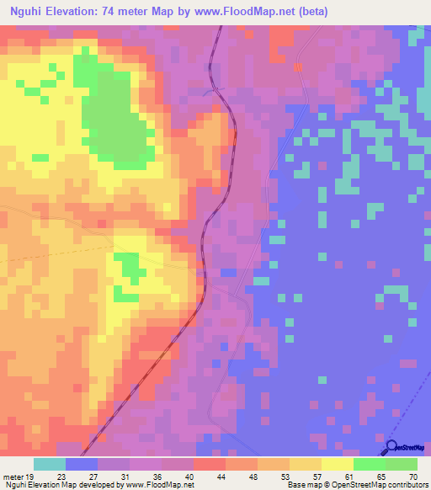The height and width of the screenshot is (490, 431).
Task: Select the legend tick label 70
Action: pos(412,476)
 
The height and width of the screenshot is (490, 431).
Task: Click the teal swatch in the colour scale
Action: pos(50,464)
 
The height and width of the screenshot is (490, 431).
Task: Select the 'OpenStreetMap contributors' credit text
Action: pos(383,485)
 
